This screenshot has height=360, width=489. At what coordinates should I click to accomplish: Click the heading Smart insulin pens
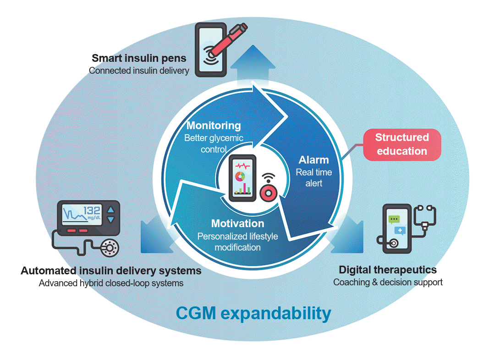139,59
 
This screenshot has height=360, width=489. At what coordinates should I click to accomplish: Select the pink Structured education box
402,144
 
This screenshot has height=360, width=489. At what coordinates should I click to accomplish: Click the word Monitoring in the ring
214,125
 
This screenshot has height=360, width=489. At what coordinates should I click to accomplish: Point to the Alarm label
314,160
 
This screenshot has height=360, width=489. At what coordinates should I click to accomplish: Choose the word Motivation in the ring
237,224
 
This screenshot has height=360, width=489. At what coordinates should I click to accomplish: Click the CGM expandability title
253,314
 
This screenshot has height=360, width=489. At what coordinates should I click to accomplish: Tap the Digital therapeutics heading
387,270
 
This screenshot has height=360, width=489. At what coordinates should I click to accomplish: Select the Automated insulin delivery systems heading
111,271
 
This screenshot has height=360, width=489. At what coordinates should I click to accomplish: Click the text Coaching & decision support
388,282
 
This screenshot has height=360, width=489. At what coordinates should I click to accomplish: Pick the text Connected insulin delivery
139,71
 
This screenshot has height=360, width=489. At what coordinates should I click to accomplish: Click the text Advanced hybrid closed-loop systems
111,283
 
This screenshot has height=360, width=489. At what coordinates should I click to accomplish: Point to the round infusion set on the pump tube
110,248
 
